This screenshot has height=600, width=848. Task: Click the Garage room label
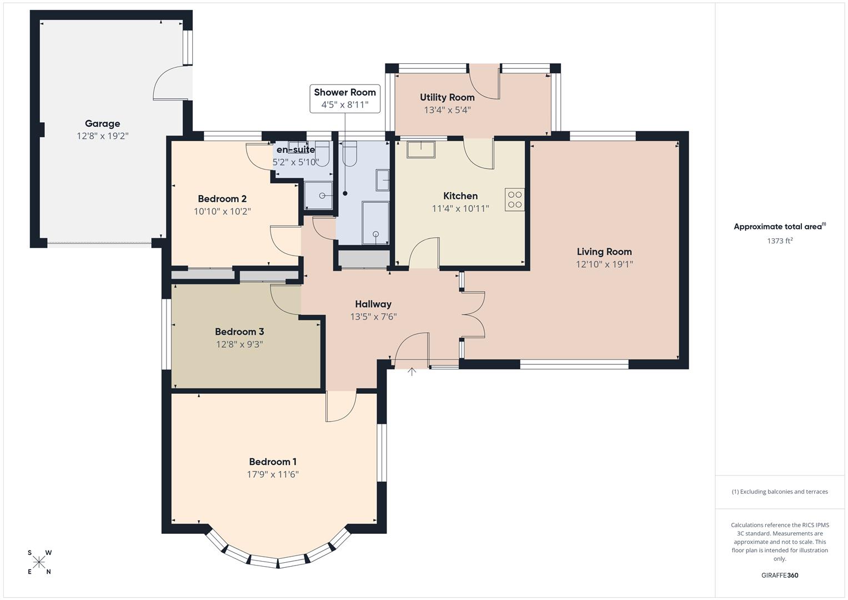point(102,124)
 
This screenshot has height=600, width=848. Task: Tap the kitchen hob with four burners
point(515,200)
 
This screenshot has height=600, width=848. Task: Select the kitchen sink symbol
point(421,149)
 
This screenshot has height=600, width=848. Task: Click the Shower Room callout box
point(345,98)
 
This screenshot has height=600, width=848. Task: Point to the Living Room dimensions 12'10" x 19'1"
point(604,264)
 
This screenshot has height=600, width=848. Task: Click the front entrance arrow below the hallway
point(412,372)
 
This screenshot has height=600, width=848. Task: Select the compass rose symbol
point(39,563)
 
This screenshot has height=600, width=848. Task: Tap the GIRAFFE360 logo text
point(779,575)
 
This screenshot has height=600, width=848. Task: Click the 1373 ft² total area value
point(779,241)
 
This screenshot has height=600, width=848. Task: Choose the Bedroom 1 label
point(273,462)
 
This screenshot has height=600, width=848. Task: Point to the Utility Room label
point(447,97)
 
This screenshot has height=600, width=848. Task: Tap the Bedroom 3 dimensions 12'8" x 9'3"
point(239,344)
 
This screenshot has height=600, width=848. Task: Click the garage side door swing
point(170,83)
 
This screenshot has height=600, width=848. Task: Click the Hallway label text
point(373,304)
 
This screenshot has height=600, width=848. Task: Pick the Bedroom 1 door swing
point(340,407)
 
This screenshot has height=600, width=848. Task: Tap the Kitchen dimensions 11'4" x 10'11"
point(460,209)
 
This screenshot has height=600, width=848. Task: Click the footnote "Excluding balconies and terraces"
point(780,492)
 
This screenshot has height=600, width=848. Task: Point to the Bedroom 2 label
point(222,199)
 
